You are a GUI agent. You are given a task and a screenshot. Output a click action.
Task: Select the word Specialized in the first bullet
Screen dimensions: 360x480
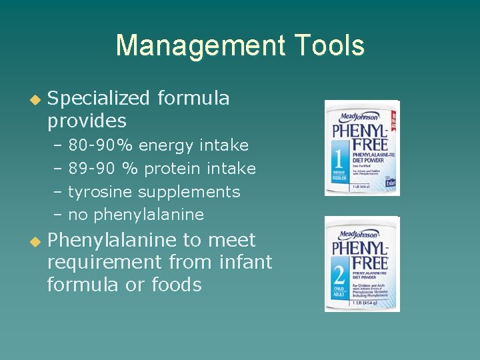point(98,99)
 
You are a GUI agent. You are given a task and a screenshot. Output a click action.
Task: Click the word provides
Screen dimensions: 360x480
point(87,121)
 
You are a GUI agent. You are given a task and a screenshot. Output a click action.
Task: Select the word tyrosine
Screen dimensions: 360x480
point(101,192)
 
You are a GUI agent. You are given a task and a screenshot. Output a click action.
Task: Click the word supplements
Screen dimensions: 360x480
point(189,192)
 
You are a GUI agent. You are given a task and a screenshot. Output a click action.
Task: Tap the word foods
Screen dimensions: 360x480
point(177,285)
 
